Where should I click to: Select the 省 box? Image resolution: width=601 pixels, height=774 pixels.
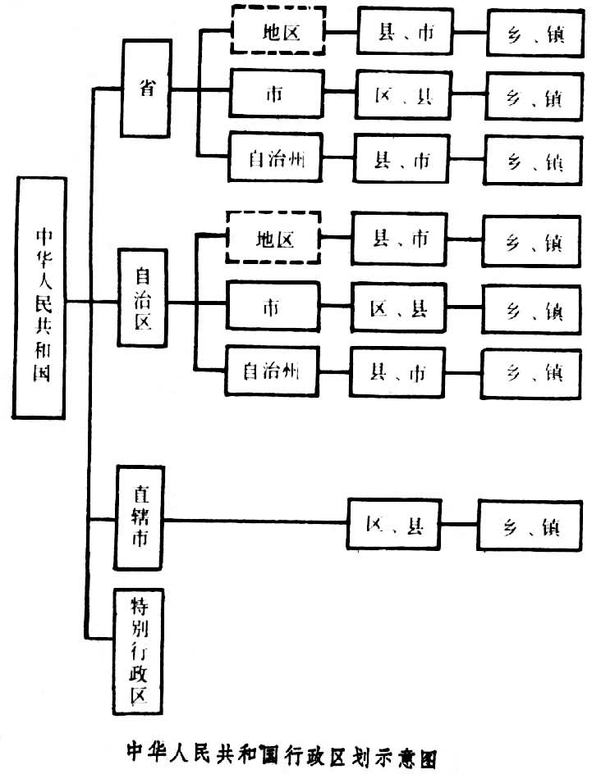click(x=146, y=89)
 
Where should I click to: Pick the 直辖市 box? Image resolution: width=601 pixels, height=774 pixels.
click(x=139, y=518)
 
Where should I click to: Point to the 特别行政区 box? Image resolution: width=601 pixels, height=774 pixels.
click(x=138, y=651)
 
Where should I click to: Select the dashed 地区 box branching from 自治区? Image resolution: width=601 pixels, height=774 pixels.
click(x=273, y=239)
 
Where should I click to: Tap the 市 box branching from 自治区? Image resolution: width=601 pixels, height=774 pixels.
click(x=271, y=307)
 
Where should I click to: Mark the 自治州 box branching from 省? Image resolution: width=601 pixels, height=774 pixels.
click(x=273, y=159)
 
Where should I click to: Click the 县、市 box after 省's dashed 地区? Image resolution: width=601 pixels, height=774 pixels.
click(x=405, y=34)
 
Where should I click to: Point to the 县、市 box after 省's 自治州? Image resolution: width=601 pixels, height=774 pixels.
click(x=402, y=159)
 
